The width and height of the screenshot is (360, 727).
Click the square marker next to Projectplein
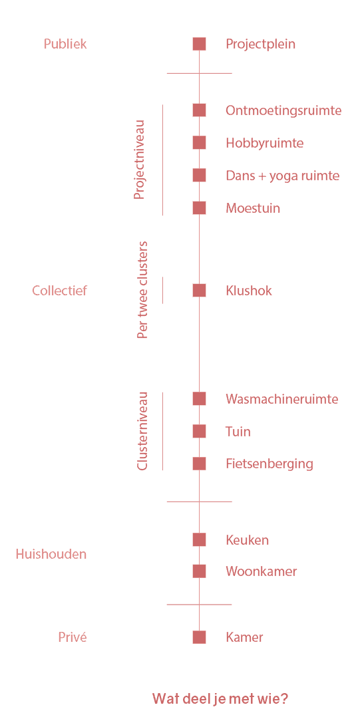coord(199,44)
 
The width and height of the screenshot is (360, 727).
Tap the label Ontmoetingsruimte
coord(283,111)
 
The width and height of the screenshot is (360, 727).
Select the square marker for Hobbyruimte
coord(199,143)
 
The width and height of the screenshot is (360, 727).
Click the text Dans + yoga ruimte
coord(283,176)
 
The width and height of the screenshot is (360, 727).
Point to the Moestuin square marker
coord(199,208)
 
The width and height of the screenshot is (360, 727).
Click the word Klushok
coord(249,291)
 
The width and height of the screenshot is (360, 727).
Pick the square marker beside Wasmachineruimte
coord(199,398)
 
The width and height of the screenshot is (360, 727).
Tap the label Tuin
coord(238,432)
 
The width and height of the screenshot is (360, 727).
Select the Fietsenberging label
coord(270,464)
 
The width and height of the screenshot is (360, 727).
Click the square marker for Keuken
coord(199,539)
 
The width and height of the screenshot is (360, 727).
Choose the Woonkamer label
coord(262,571)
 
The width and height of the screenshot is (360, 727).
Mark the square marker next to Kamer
coord(199,637)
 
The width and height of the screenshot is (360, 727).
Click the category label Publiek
coord(65,44)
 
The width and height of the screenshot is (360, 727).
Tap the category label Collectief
coord(59,291)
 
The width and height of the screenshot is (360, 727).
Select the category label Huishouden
coord(51,554)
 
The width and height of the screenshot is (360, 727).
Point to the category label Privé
coord(73,637)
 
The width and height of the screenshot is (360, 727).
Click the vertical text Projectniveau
coord(139,160)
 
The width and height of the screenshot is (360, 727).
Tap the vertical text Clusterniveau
coord(142,431)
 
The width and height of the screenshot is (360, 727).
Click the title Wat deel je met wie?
coord(220,698)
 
